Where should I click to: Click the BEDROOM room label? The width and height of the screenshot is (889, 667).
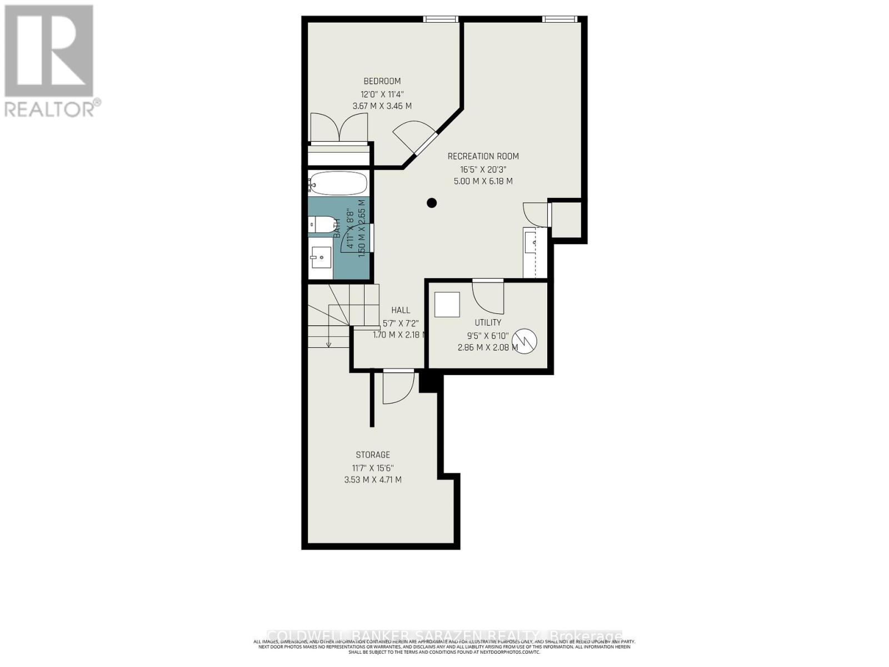pyautogui.click(x=382, y=81)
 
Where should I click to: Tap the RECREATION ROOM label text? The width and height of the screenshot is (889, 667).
pyautogui.click(x=483, y=156)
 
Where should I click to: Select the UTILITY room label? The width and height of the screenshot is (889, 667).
pyautogui.click(x=488, y=322)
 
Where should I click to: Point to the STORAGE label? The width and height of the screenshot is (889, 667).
pyautogui.click(x=373, y=455)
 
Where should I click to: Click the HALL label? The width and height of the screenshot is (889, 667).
pyautogui.click(x=400, y=310)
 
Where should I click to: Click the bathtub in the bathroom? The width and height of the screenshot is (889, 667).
pyautogui.click(x=338, y=183)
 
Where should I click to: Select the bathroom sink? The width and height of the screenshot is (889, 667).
pyautogui.click(x=321, y=258)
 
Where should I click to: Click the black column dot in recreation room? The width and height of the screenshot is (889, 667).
pyautogui.click(x=432, y=203)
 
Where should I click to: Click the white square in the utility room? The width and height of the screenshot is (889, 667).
pyautogui.click(x=447, y=304)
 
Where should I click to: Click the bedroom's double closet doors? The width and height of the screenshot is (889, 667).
pyautogui.click(x=339, y=128)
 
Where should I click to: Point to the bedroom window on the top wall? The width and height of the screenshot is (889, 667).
pyautogui.click(x=441, y=19)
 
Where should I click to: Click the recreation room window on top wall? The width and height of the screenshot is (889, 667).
pyautogui.click(x=560, y=19)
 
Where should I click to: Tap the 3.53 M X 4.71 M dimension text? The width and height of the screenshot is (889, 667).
pyautogui.click(x=373, y=480)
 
